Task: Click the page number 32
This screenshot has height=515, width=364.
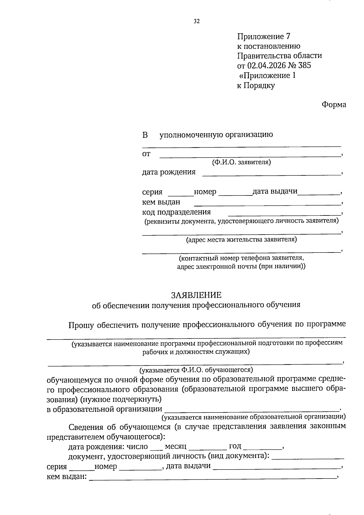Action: [x=197, y=21]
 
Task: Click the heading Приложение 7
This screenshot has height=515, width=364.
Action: [x=264, y=36]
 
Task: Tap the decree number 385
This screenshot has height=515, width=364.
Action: [x=305, y=66]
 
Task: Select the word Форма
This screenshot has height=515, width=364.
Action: [x=334, y=105]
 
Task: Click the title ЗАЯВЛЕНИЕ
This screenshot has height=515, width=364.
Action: [x=196, y=295]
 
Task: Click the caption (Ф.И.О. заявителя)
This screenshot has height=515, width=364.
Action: [x=241, y=162]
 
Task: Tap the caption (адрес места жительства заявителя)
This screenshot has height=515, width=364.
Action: [x=241, y=240]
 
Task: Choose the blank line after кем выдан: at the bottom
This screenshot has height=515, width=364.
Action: [x=212, y=478]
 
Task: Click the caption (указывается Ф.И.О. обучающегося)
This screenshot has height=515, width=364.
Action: [x=196, y=370]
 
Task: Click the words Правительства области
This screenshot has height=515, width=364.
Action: [x=279, y=56]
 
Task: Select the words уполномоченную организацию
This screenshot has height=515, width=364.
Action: [x=216, y=134]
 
